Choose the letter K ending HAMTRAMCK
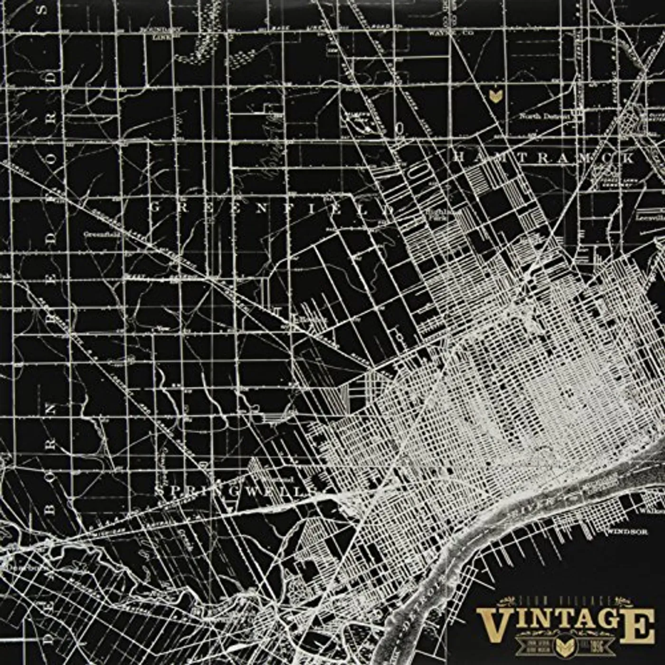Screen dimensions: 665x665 point(628,159)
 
